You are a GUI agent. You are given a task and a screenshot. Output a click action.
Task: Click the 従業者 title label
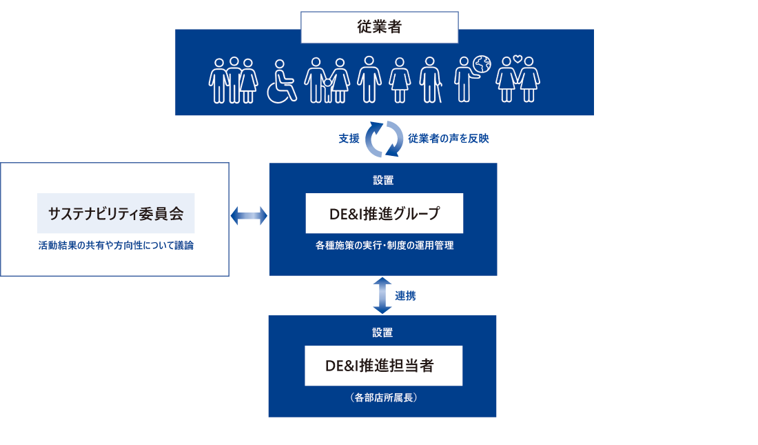[x=380, y=28]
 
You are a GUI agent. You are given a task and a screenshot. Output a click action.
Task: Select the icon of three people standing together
[x=233, y=79]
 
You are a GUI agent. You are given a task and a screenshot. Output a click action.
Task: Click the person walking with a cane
[x=432, y=79]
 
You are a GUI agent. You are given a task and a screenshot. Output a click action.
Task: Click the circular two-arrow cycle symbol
[x=384, y=139]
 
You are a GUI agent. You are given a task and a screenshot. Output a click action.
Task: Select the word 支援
[x=349, y=139]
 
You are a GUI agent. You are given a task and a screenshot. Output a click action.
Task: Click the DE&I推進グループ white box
[x=384, y=213]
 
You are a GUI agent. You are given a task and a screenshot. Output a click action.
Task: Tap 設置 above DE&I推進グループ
[x=383, y=180]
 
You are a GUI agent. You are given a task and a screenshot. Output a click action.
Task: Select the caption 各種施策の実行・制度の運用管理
[x=384, y=245]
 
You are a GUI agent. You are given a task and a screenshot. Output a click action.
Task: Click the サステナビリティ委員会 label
[x=116, y=213]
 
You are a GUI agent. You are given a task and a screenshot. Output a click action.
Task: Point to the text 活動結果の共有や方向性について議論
[x=116, y=245]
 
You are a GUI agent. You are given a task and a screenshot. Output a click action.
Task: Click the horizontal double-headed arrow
[x=249, y=216]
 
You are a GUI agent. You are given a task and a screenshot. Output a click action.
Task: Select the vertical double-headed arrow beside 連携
[x=382, y=295]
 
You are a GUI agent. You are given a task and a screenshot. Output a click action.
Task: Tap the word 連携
[x=405, y=296]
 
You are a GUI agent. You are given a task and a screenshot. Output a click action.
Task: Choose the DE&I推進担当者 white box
[x=383, y=366]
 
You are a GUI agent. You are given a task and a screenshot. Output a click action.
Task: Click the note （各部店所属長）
[x=382, y=398]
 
